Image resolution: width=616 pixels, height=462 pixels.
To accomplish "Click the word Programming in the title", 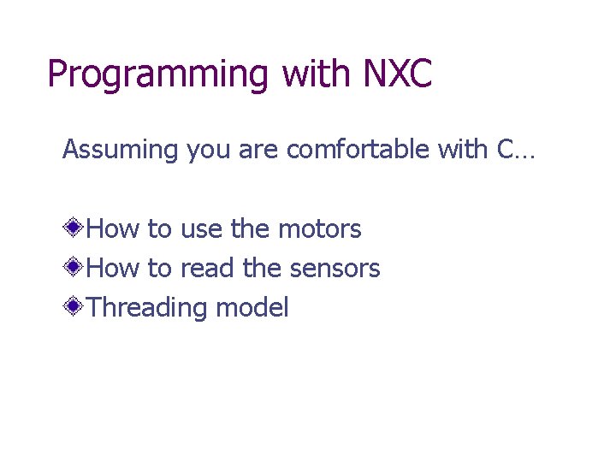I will click(x=159, y=75).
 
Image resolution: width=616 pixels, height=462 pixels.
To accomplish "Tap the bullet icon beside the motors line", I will click(x=75, y=228).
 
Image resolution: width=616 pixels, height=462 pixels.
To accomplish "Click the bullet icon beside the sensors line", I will click(x=75, y=268).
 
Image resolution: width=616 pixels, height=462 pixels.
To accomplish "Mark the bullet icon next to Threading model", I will click(x=75, y=307).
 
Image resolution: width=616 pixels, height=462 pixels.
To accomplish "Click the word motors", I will click(x=319, y=229).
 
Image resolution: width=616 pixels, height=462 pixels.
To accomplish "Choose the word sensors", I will click(x=335, y=269).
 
